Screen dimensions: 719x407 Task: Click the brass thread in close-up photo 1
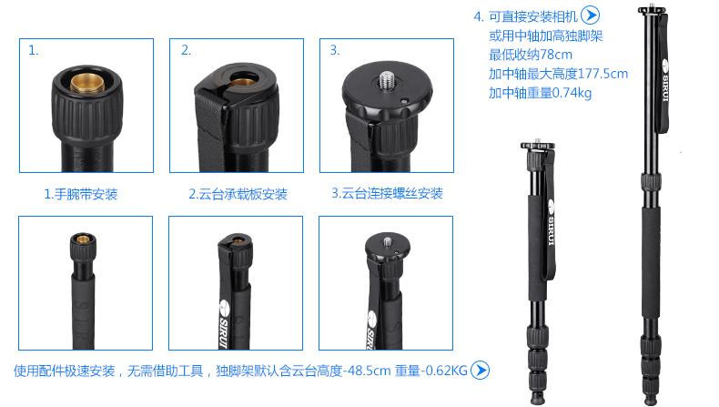click(x=87, y=84)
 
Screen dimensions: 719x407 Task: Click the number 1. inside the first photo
click(x=34, y=50)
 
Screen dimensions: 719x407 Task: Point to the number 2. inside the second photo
click(x=186, y=50)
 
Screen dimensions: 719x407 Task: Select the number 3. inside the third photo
click(x=335, y=50)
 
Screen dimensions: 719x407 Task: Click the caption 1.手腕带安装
click(x=81, y=194)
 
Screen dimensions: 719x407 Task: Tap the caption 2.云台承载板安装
click(x=238, y=194)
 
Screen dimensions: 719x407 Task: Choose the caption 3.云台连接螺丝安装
click(x=388, y=193)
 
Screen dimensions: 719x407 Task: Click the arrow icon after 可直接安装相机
click(x=590, y=15)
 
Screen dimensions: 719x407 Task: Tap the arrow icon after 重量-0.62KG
click(x=481, y=371)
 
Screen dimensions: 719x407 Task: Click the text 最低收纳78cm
click(x=531, y=55)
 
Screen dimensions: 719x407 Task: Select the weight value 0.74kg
click(x=572, y=93)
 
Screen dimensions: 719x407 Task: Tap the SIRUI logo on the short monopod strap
click(x=551, y=222)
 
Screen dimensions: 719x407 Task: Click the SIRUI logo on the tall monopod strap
click(x=665, y=80)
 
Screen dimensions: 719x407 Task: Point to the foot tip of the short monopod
click(x=537, y=397)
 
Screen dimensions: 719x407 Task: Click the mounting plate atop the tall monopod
click(x=652, y=9)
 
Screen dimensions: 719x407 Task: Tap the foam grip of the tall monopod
click(x=651, y=262)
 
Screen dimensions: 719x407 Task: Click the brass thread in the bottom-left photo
click(x=83, y=239)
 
